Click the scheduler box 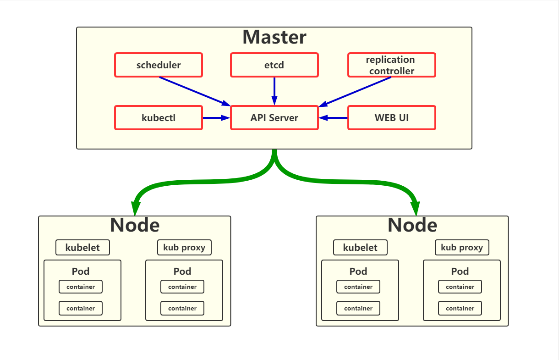coord(158,65)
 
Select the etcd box coord(274,65)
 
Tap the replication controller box coord(391,65)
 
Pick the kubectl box coord(158,118)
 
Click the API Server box coord(274,118)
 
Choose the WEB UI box coord(391,118)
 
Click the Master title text coord(274,37)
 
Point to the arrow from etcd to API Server coord(274,91)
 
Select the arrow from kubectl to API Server coord(216,118)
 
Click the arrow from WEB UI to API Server coord(334,118)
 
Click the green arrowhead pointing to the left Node coord(135,209)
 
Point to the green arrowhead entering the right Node coord(415,209)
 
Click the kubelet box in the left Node coord(83,248)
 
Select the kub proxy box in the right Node coord(462,248)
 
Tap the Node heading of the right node coord(412,225)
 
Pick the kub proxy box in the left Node coord(184,248)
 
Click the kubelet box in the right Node coord(361,248)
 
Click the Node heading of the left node coord(135,225)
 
